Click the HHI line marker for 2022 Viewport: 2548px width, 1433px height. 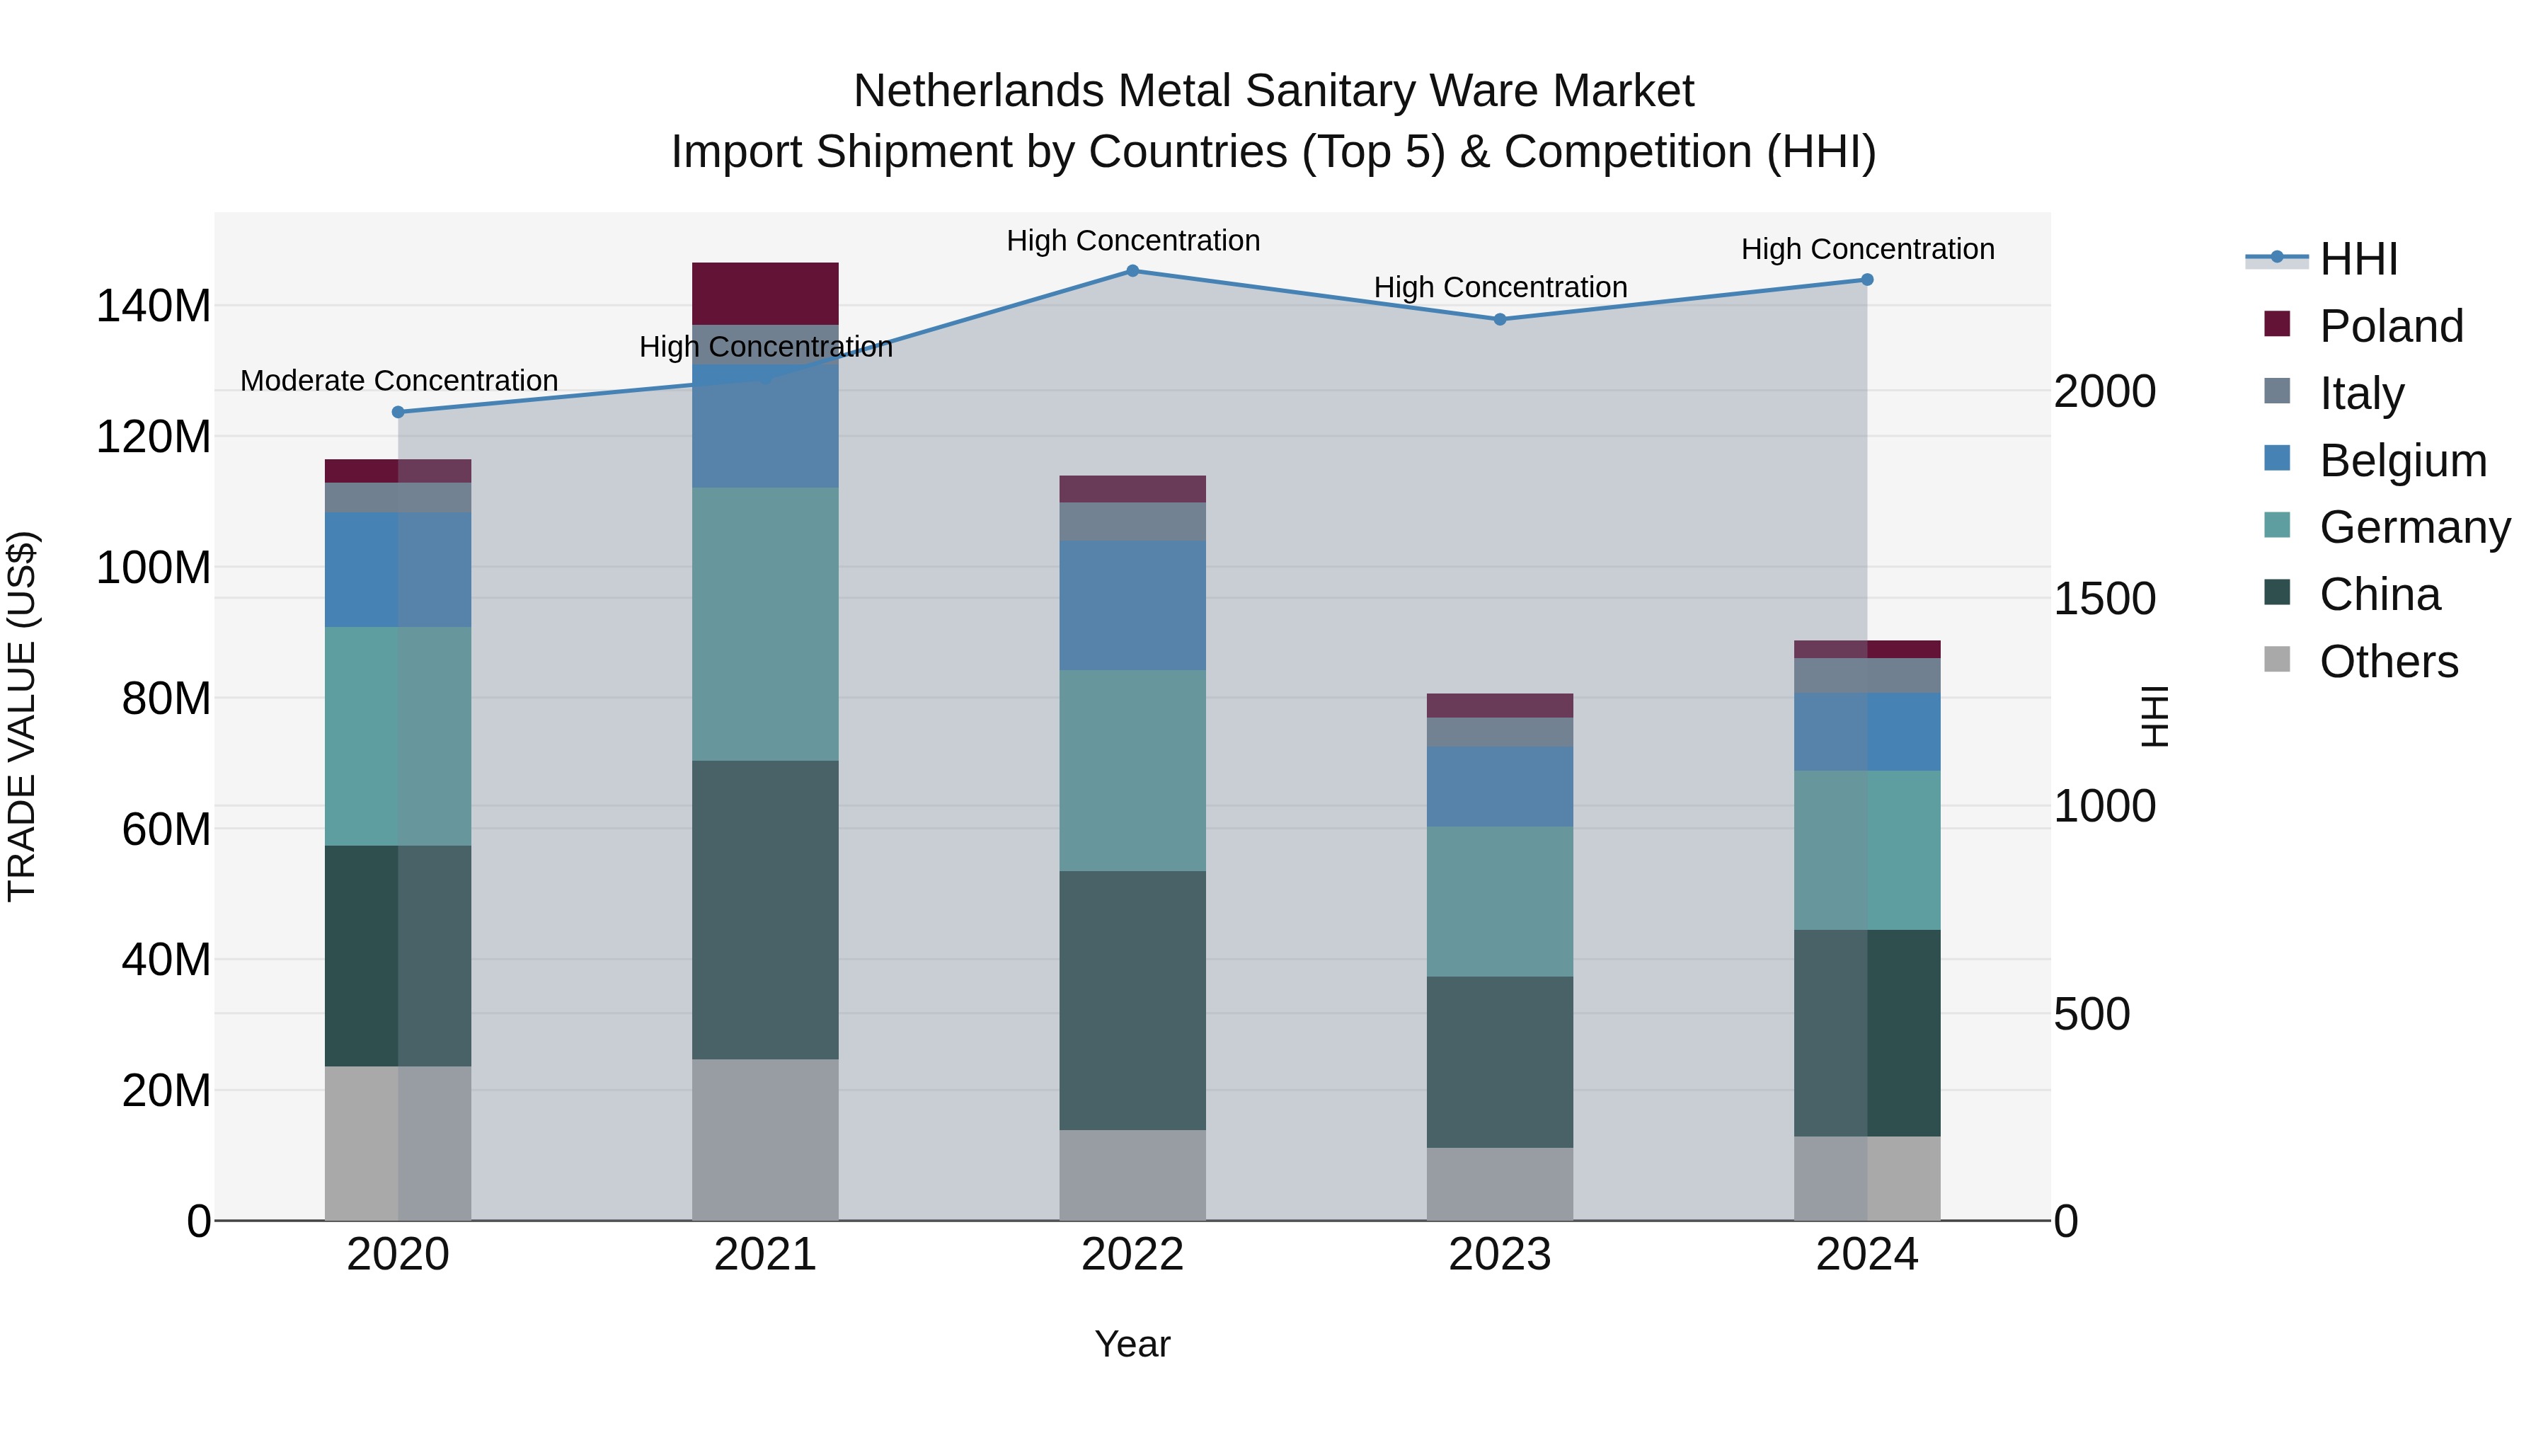click(1132, 271)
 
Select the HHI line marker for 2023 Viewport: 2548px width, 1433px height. click(1500, 319)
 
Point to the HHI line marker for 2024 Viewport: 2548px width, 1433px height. click(1866, 280)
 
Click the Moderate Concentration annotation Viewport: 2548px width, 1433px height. click(398, 381)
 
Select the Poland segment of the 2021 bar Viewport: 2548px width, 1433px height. click(764, 294)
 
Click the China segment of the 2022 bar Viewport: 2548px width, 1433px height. click(1132, 1000)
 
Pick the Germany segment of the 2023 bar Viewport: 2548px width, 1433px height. click(1500, 901)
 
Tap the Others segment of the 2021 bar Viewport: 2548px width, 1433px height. click(764, 1139)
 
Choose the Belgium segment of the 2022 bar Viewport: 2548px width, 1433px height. click(1132, 605)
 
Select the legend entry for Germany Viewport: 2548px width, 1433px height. click(2414, 527)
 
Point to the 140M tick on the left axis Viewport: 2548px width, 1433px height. click(154, 306)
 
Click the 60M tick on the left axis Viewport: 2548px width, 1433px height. click(166, 829)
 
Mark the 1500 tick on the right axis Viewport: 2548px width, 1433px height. click(2104, 598)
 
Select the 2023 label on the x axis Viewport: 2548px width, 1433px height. click(1500, 1255)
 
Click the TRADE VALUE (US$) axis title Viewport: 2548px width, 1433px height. click(22, 716)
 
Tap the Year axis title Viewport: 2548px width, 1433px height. click(1132, 1344)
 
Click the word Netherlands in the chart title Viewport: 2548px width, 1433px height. click(980, 91)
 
